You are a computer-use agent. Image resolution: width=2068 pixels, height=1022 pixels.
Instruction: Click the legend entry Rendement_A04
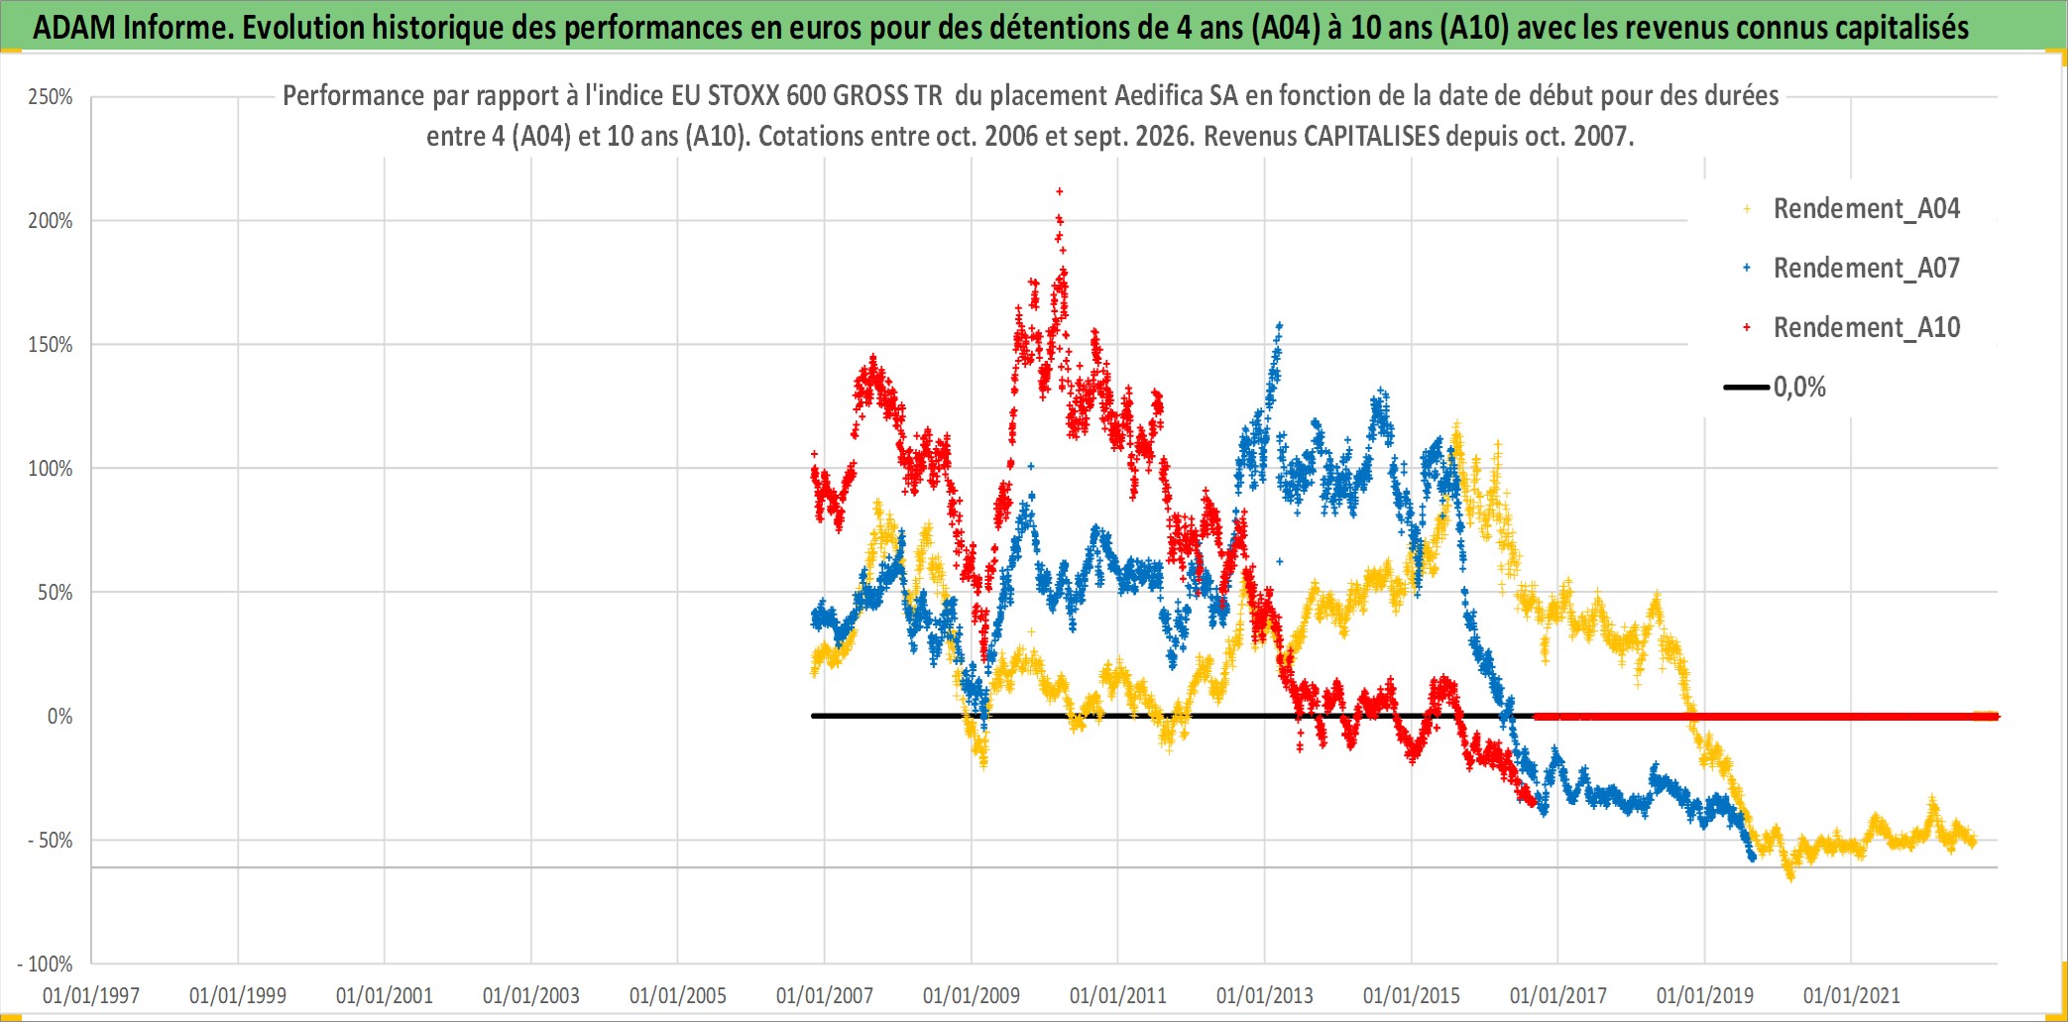1866,209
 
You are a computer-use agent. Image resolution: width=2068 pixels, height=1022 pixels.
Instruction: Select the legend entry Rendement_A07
1866,269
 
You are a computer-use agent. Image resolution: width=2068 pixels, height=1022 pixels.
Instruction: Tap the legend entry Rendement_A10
1866,328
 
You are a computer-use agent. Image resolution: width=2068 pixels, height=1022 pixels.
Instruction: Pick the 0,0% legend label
1799,388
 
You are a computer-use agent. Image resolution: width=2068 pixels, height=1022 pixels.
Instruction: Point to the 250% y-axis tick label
51,97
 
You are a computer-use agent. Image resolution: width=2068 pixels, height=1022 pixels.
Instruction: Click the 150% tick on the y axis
51,345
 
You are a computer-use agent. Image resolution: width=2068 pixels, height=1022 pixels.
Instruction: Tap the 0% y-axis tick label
59,717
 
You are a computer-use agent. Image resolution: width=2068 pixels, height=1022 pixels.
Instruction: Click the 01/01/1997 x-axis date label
91,995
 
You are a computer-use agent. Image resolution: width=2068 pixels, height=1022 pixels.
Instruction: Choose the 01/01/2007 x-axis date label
825,995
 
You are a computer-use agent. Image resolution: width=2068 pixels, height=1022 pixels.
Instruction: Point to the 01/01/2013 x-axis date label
1265,995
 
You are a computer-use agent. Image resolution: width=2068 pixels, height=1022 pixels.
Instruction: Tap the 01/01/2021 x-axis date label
1852,995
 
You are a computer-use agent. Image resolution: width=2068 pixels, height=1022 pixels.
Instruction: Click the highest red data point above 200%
1060,191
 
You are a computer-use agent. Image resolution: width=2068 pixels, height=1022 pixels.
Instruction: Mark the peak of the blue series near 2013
1280,324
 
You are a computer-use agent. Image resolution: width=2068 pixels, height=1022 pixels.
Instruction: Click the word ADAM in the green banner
74,28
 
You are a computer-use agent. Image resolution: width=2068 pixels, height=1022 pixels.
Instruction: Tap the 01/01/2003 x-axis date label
531,995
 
